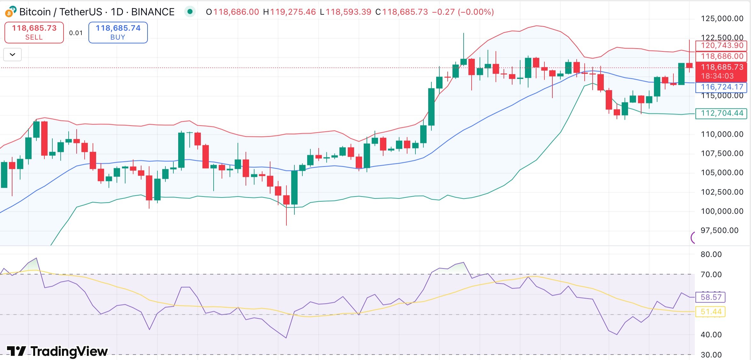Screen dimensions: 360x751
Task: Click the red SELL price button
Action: click(x=34, y=32)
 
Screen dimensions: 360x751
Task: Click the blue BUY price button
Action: click(x=118, y=32)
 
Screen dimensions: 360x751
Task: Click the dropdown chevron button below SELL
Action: click(x=12, y=55)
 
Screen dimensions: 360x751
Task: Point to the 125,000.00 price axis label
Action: click(x=722, y=19)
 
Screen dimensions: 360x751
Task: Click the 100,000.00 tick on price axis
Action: click(x=722, y=211)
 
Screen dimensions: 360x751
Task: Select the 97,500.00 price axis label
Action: click(x=719, y=230)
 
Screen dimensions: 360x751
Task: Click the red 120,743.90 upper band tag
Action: click(x=722, y=45)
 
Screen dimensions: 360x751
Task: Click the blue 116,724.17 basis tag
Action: click(x=722, y=87)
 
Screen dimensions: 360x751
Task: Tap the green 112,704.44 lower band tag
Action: click(x=722, y=113)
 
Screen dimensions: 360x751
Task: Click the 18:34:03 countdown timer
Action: click(x=717, y=76)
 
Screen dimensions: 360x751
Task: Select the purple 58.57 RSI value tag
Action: click(x=711, y=297)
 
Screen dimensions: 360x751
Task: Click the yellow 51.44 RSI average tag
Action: click(x=711, y=312)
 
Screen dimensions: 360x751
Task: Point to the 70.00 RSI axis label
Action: click(x=711, y=274)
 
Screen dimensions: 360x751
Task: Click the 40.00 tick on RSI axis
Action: click(x=711, y=334)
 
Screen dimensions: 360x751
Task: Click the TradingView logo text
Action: click(x=58, y=351)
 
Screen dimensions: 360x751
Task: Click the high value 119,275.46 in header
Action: click(x=292, y=12)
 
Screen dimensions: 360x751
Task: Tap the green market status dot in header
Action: click(x=190, y=12)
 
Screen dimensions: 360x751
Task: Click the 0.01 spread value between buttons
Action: click(x=76, y=33)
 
